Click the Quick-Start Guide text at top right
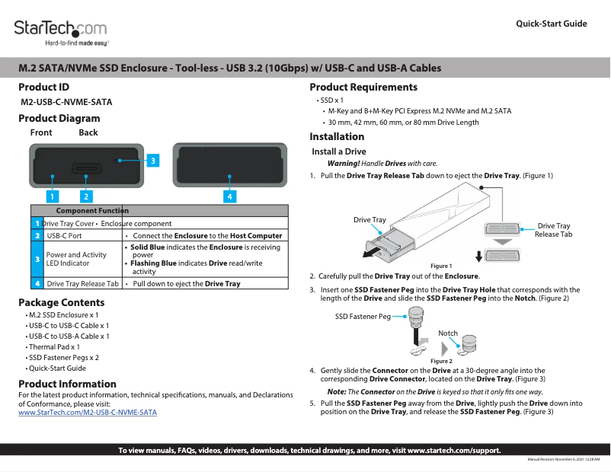tap(551, 24)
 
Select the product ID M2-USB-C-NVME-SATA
tap(67, 101)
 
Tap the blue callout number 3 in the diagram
tap(152, 161)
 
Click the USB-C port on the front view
tap(86, 168)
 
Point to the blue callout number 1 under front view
tap(52, 196)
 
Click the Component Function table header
tap(92, 210)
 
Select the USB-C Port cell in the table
tap(65, 236)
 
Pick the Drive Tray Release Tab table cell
tap(82, 283)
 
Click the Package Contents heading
tap(62, 303)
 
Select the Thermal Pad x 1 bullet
tap(53, 346)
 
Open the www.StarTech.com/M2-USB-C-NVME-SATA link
tap(88, 412)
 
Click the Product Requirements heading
tap(363, 88)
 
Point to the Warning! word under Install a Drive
tap(344, 164)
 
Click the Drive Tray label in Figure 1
tap(369, 220)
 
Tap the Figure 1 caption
tap(441, 266)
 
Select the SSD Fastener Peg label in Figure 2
tap(363, 316)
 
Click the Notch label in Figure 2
tap(448, 333)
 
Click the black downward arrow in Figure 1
tap(478, 254)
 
